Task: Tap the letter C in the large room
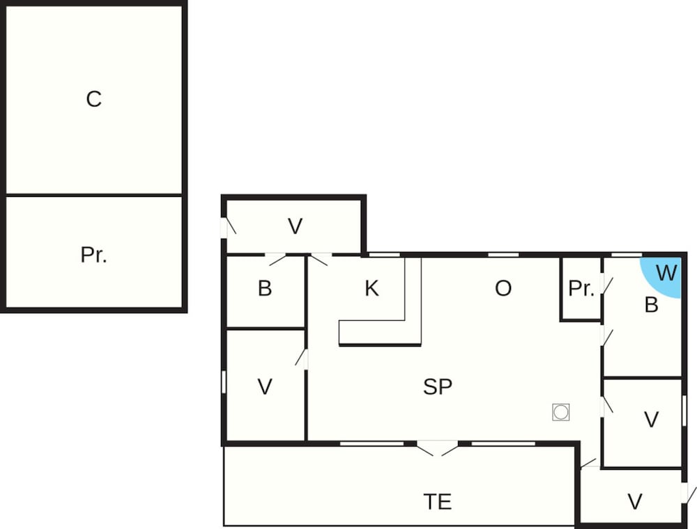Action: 93,100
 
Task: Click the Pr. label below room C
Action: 93,255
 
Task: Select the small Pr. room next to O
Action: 581,289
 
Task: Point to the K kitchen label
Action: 372,289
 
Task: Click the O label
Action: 503,289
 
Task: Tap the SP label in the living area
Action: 438,387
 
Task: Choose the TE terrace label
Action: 438,500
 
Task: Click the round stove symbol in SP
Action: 560,412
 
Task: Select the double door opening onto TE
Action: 437,448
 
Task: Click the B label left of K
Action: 265,289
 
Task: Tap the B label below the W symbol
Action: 651,305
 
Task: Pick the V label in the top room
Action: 296,226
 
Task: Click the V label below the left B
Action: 265,387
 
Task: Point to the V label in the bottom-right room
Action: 634,501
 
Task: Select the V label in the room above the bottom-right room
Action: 651,420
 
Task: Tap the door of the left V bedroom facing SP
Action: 302,358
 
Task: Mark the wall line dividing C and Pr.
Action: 93,196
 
